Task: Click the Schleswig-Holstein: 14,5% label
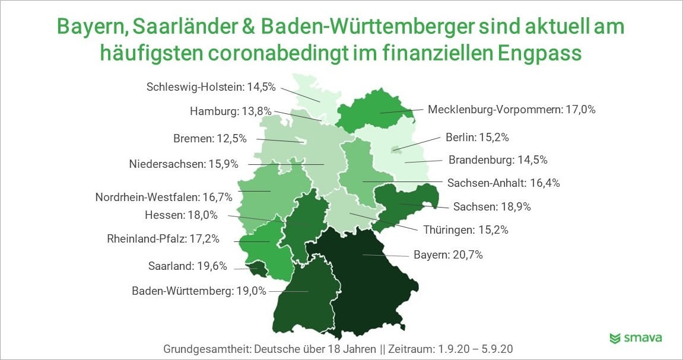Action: (x=211, y=87)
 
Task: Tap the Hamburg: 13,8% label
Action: (x=230, y=111)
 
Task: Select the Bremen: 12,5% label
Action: (x=210, y=139)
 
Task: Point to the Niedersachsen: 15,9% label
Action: (x=183, y=164)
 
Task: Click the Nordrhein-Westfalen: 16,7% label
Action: (x=164, y=197)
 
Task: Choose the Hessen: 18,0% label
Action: (x=181, y=215)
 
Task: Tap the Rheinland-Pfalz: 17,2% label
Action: (x=163, y=239)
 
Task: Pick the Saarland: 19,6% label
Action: (x=188, y=266)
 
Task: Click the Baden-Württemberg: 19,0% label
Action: (x=199, y=291)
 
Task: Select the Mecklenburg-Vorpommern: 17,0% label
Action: (x=512, y=109)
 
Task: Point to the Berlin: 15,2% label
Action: (x=477, y=138)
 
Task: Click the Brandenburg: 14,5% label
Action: (x=498, y=160)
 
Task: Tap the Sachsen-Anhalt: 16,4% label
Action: (x=504, y=183)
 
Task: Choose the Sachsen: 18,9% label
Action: (x=492, y=206)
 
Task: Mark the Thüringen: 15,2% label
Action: (x=466, y=230)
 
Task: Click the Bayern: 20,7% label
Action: (x=448, y=254)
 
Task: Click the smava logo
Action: (x=636, y=338)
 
